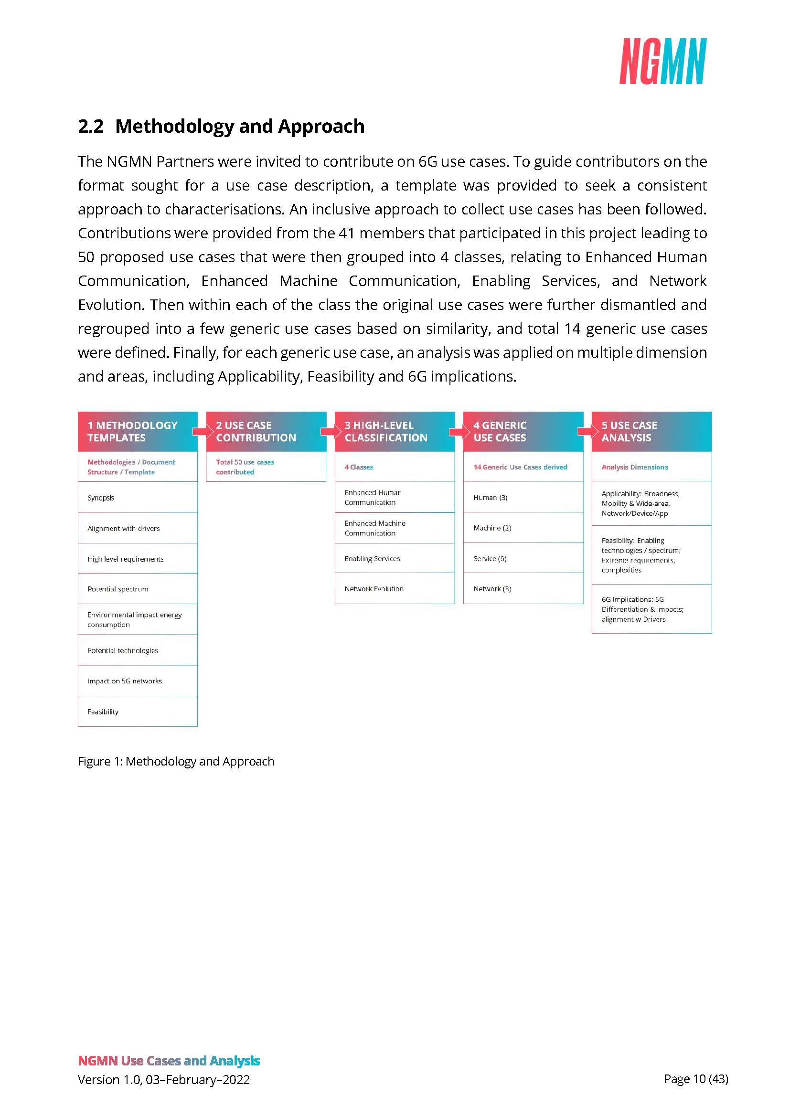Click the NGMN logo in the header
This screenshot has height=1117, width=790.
tap(662, 61)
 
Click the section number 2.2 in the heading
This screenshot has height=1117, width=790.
tap(90, 127)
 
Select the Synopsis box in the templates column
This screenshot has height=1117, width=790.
tap(138, 498)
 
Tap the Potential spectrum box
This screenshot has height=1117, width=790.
tap(138, 589)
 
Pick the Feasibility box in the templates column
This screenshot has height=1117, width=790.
tap(138, 711)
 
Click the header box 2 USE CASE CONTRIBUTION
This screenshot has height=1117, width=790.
tap(266, 432)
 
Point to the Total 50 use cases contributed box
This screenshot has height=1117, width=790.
tap(266, 467)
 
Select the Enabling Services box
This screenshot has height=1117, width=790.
tap(395, 559)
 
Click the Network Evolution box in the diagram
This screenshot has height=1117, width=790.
tap(395, 589)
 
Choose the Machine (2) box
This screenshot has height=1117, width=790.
tap(523, 528)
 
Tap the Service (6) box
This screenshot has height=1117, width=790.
tap(523, 559)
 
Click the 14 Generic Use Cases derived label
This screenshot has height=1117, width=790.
tap(520, 467)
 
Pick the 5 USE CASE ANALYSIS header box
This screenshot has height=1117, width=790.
tap(651, 432)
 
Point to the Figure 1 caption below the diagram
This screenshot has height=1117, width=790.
tap(176, 761)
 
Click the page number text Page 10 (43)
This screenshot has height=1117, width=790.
tap(695, 1079)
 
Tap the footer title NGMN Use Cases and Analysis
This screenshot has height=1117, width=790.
tap(169, 1061)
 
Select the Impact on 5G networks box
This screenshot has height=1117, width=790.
tap(138, 681)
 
